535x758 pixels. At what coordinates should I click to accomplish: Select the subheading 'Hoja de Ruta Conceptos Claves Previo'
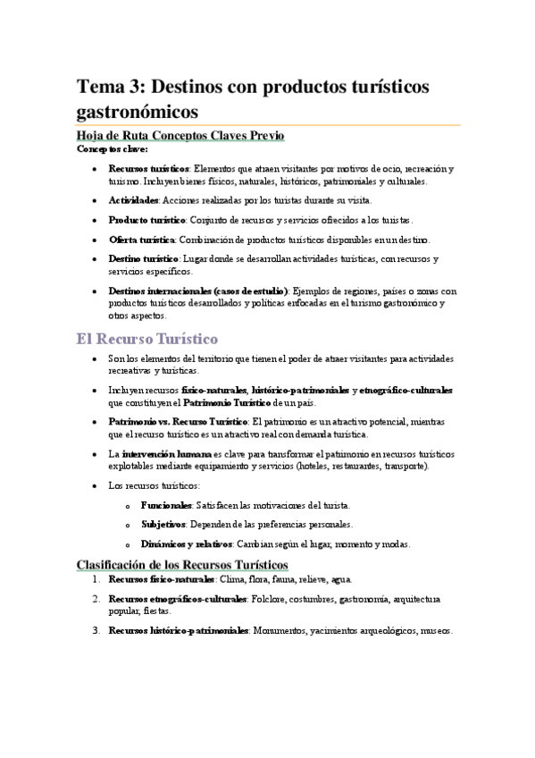click(x=180, y=136)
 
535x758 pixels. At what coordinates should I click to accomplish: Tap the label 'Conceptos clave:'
click(x=112, y=148)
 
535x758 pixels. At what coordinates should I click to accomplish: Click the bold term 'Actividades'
click(x=134, y=200)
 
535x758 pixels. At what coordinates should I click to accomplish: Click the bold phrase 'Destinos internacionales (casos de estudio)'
click(x=198, y=291)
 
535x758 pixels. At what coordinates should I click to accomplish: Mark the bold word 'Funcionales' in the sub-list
click(x=166, y=506)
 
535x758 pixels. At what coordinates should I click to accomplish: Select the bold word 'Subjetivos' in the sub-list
click(x=163, y=525)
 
